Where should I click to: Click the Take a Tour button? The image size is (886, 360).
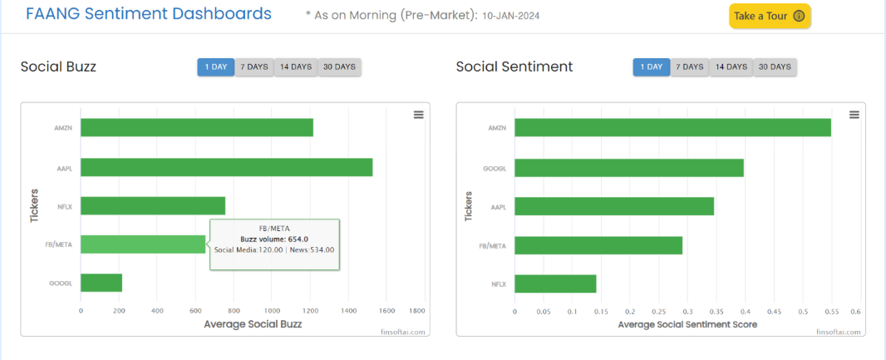pos(770,16)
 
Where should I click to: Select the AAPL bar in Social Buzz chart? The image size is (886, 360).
pos(226,166)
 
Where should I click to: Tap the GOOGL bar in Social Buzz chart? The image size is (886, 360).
pos(101,283)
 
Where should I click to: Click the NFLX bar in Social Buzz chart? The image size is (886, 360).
pos(153,205)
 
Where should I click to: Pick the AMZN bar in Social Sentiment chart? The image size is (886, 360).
pos(672,127)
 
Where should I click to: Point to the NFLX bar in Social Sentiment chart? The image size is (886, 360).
pos(555,284)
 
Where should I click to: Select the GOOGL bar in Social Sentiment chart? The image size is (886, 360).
pos(629,167)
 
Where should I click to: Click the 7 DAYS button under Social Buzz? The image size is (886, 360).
pos(254,67)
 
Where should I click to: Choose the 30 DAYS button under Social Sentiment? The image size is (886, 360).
pos(775,67)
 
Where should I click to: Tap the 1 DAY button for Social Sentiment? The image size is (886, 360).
pos(651,67)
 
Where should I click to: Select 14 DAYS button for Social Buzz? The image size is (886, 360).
pos(296,67)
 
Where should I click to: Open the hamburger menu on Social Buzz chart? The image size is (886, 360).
pos(418,115)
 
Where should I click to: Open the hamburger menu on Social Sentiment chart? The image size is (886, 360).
pos(854,115)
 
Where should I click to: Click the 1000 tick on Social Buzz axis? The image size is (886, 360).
pos(272,310)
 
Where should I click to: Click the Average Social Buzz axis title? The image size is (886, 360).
pos(253,324)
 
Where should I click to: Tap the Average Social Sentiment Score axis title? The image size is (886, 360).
pos(687,324)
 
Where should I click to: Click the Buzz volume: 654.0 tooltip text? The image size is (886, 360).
pos(274,239)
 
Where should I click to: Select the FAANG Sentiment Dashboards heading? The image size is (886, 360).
pos(149,14)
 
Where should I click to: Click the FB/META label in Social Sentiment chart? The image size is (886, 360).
pos(493,245)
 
